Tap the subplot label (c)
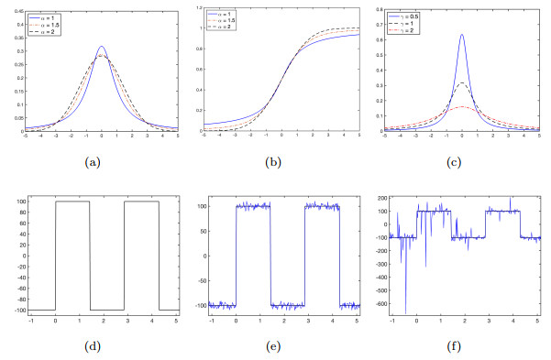click(x=462, y=162)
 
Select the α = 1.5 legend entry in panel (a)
click(x=45, y=24)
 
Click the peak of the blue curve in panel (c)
click(x=461, y=35)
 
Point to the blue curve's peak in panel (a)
click(x=102, y=47)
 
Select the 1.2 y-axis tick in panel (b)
click(x=197, y=11)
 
